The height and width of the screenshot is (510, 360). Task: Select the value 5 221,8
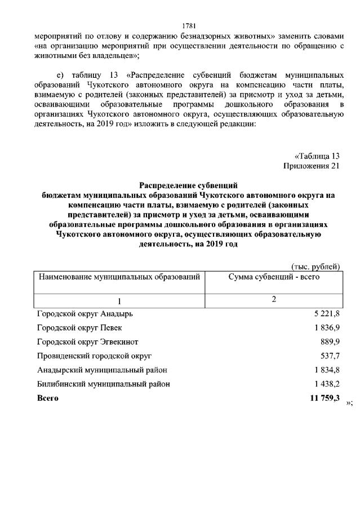click(x=327, y=313)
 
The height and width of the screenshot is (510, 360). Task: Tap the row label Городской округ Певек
click(x=78, y=327)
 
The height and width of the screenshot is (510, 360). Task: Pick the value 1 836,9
click(x=327, y=327)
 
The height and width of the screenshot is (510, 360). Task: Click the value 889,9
click(x=330, y=342)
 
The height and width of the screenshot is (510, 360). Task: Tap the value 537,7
click(x=330, y=356)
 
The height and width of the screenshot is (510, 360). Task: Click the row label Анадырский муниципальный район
click(x=102, y=370)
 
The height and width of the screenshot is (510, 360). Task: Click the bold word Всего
click(x=47, y=398)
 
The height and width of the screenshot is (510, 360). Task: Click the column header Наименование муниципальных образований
click(x=119, y=277)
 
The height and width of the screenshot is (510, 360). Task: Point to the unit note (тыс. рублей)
click(x=315, y=266)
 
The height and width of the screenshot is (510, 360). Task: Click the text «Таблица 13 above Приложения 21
click(x=317, y=156)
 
